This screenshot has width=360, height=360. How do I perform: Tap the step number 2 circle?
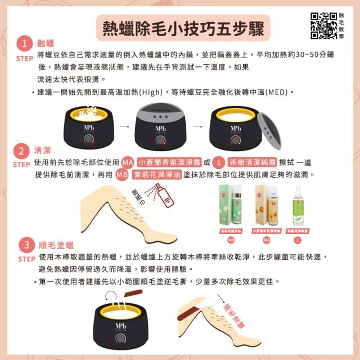[x=22, y=152]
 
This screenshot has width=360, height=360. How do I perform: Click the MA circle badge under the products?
[x=267, y=240]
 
